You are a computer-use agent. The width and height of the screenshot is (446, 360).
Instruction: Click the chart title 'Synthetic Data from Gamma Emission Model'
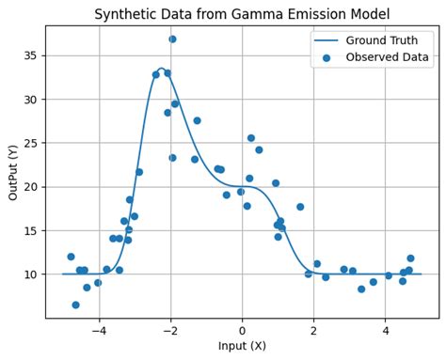(242, 14)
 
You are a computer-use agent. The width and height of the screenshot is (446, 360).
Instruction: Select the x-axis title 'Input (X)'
(242, 346)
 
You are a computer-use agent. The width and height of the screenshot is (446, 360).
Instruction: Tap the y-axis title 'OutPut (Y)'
(13, 172)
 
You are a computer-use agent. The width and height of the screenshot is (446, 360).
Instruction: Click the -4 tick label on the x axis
(99, 330)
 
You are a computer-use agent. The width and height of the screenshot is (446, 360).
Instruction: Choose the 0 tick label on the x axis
(242, 330)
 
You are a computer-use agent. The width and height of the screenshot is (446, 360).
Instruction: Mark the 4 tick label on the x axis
(385, 330)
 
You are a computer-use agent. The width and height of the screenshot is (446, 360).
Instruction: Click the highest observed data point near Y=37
(172, 39)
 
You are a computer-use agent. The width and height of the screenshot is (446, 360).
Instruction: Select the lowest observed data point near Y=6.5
(75, 305)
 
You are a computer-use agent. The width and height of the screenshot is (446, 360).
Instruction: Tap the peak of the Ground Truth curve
(161, 70)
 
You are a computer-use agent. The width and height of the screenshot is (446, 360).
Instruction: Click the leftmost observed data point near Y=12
(71, 257)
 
